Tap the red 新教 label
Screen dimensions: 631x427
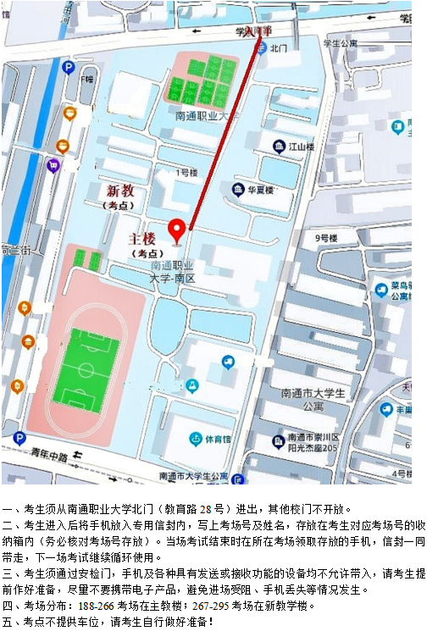[121, 191]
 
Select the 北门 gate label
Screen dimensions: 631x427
[279, 48]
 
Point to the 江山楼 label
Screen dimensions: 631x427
[301, 147]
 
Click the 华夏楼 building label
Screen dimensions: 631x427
[259, 190]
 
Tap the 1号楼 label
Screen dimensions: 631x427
[186, 173]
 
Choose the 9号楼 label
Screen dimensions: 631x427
[327, 239]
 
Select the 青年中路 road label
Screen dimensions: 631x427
[50, 455]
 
